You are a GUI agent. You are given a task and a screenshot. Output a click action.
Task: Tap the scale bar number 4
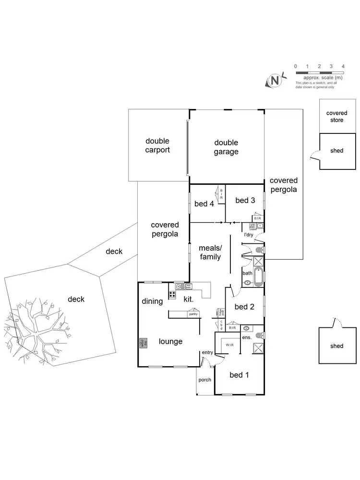click(x=343, y=66)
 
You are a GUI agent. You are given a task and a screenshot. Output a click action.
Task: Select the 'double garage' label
click(x=226, y=147)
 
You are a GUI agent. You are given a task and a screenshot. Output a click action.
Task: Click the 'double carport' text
click(x=157, y=145)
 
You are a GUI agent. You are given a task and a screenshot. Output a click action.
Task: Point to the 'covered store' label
click(x=337, y=117)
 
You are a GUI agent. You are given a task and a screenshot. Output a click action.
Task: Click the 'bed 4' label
click(x=204, y=204)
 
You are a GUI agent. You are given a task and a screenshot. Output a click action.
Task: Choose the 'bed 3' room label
click(x=245, y=201)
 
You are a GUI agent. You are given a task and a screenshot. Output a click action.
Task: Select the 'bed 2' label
click(x=244, y=307)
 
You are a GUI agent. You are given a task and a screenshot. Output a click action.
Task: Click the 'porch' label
click(x=204, y=380)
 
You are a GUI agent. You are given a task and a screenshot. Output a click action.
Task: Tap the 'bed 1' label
click(x=239, y=375)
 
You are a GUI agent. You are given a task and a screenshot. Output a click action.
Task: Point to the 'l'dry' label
click(x=248, y=235)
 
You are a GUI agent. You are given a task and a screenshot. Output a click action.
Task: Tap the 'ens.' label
click(x=247, y=338)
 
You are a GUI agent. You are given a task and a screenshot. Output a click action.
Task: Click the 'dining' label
click(x=152, y=301)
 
